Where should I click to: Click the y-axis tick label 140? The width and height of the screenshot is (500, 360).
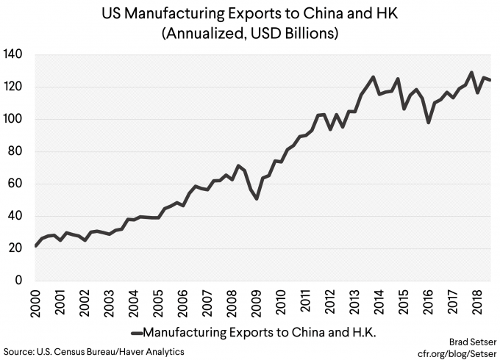click(x=14, y=54)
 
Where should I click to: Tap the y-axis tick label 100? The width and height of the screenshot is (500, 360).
click(x=14, y=119)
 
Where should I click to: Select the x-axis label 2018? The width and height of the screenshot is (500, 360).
click(x=475, y=303)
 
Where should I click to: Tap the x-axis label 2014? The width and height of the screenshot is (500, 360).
click(x=378, y=303)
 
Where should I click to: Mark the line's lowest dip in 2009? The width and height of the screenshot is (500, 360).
click(x=256, y=198)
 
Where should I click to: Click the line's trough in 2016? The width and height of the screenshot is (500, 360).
click(x=429, y=122)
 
